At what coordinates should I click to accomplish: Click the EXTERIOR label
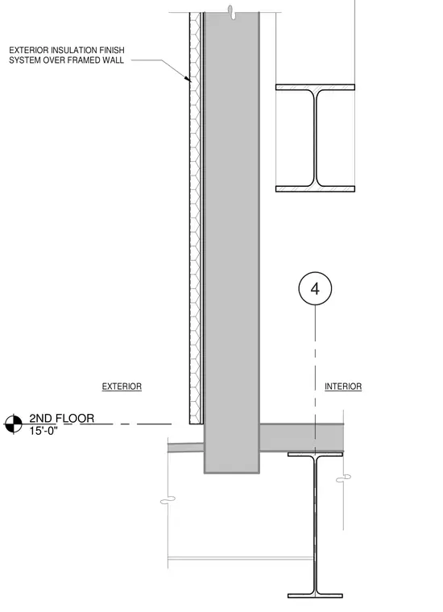[122, 387]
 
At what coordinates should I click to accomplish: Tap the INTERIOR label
[343, 387]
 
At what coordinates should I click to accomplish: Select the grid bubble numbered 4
[315, 288]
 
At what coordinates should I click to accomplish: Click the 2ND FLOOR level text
[62, 419]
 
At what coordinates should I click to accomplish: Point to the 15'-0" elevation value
[43, 431]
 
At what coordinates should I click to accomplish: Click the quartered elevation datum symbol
[13, 424]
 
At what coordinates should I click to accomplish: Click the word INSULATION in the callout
[74, 51]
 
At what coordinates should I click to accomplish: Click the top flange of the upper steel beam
[315, 88]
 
